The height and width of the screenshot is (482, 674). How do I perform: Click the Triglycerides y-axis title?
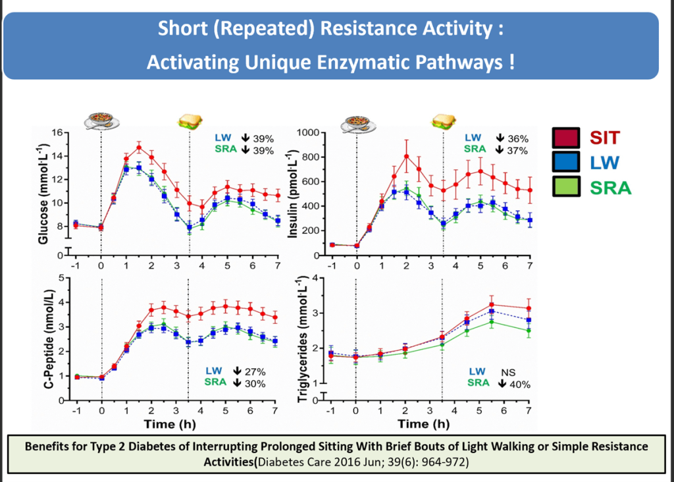[x=300, y=338]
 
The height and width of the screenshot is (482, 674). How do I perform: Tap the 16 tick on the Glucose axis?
[x=57, y=133]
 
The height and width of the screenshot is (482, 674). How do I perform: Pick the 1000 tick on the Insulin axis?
[x=307, y=133]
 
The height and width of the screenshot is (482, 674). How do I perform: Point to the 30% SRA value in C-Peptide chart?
[x=255, y=382]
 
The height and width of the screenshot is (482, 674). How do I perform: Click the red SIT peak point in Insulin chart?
[x=406, y=156]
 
